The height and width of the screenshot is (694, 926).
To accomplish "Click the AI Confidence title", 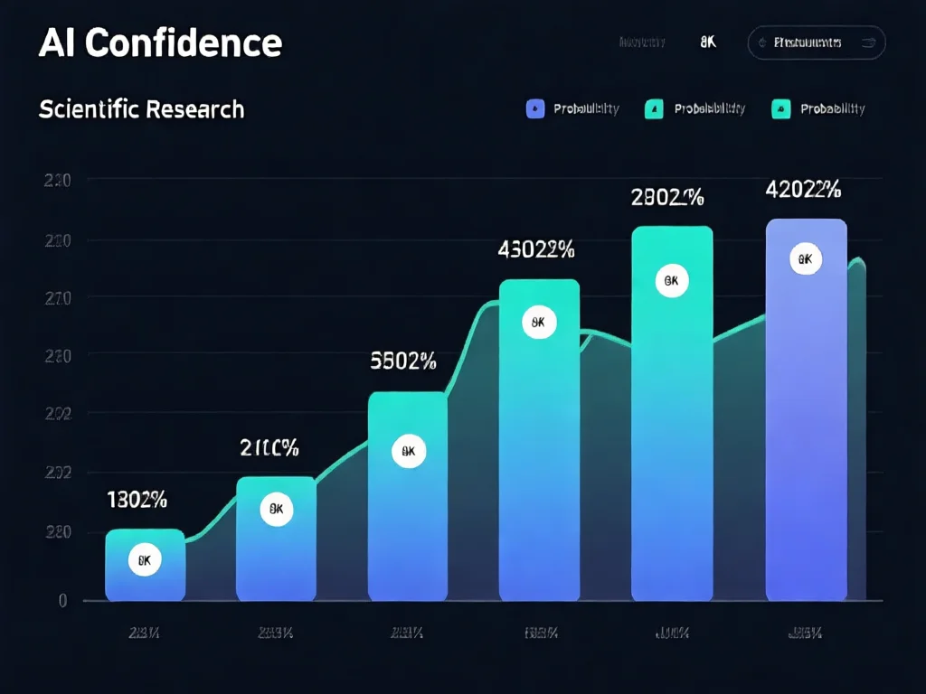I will tap(160, 42).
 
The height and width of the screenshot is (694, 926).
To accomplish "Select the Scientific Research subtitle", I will tap(141, 109).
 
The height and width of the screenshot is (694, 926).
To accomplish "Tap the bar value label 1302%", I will tap(137, 499).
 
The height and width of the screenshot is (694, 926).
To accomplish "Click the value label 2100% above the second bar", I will tap(269, 447).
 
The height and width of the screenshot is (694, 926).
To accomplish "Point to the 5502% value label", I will tap(403, 361).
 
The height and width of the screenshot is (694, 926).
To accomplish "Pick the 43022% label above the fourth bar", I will tap(536, 250).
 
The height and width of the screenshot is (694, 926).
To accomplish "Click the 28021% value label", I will tap(667, 197).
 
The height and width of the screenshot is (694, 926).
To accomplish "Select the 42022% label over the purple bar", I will tap(803, 190).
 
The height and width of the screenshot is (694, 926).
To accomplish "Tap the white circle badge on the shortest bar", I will tap(144, 560).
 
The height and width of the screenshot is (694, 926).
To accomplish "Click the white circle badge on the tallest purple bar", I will tap(805, 260).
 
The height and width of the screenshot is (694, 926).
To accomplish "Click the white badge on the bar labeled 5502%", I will tap(408, 451).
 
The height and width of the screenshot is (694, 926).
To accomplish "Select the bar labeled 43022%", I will tap(539, 452).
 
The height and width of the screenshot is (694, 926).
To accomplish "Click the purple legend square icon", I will tap(534, 109).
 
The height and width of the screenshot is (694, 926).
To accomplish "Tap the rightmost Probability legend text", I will tap(832, 109).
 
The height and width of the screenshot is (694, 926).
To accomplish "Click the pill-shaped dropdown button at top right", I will tap(816, 42).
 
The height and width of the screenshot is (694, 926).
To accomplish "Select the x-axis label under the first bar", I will tap(145, 633).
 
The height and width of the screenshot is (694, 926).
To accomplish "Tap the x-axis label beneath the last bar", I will tap(804, 633).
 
